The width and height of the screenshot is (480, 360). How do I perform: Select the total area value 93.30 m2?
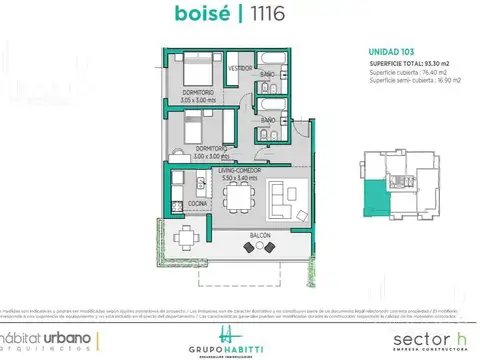point(429,63)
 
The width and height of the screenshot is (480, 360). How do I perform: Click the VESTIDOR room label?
point(240,67)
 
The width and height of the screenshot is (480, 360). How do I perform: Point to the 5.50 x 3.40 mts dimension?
point(240,180)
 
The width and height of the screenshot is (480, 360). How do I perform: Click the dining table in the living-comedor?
point(239,199)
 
